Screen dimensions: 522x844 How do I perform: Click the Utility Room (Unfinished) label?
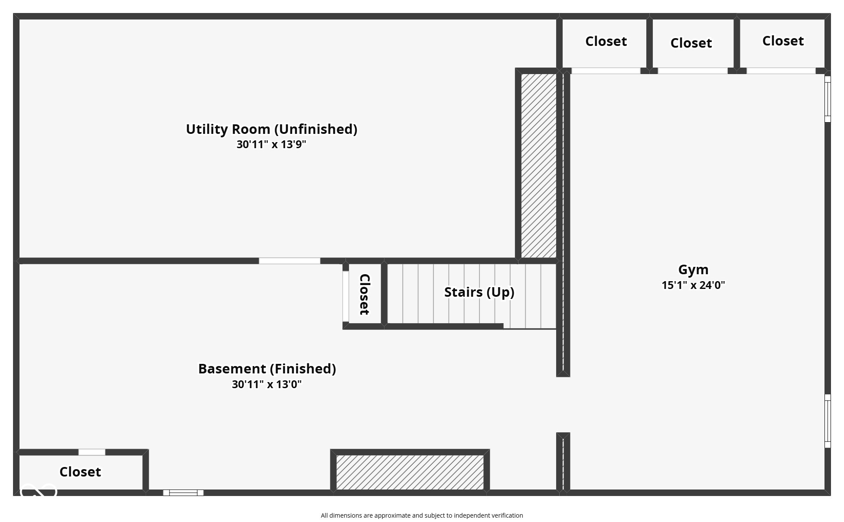coord(271,129)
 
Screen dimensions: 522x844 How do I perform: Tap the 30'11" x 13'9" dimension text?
coord(271,144)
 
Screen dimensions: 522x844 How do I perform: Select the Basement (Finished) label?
coord(267,369)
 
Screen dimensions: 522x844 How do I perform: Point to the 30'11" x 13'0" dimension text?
coord(267,384)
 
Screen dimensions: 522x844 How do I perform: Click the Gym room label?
coord(693,269)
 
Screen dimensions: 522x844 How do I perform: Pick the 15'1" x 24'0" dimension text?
coord(693,285)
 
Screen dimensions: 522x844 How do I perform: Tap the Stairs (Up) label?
coord(479,292)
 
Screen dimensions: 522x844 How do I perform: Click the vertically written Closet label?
coord(365,294)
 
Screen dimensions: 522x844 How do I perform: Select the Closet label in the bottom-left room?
coord(80,471)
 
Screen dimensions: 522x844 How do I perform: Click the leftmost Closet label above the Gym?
coord(606,41)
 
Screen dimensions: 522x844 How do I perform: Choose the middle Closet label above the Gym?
coord(691,43)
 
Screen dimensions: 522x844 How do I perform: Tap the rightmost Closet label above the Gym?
coord(783,41)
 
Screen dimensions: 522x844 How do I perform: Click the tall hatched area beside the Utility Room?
coord(538,165)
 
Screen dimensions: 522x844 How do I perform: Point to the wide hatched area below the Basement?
coord(410,472)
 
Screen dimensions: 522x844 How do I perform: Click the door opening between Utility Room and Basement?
coord(290,261)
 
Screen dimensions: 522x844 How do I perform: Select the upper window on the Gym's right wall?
coord(827,99)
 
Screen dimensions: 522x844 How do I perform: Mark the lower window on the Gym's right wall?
coord(827,421)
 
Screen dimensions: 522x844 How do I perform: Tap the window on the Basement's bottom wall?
coord(183,493)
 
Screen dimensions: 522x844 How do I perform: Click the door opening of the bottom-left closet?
coord(92,452)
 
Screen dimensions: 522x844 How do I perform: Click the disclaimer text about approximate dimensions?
coord(422,516)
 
